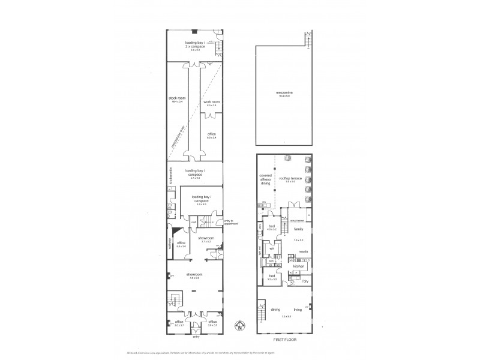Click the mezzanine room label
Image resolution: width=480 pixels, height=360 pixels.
click(284, 93)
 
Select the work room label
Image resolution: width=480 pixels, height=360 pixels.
click(211, 103)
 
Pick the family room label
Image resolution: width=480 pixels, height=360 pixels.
click(297, 229)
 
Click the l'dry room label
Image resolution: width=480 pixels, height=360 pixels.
click(304, 281)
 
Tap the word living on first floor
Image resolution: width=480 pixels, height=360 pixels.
click(298, 310)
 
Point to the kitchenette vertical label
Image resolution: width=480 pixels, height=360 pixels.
click(171, 175)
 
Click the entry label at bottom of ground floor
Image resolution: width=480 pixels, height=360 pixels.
click(195, 337)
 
